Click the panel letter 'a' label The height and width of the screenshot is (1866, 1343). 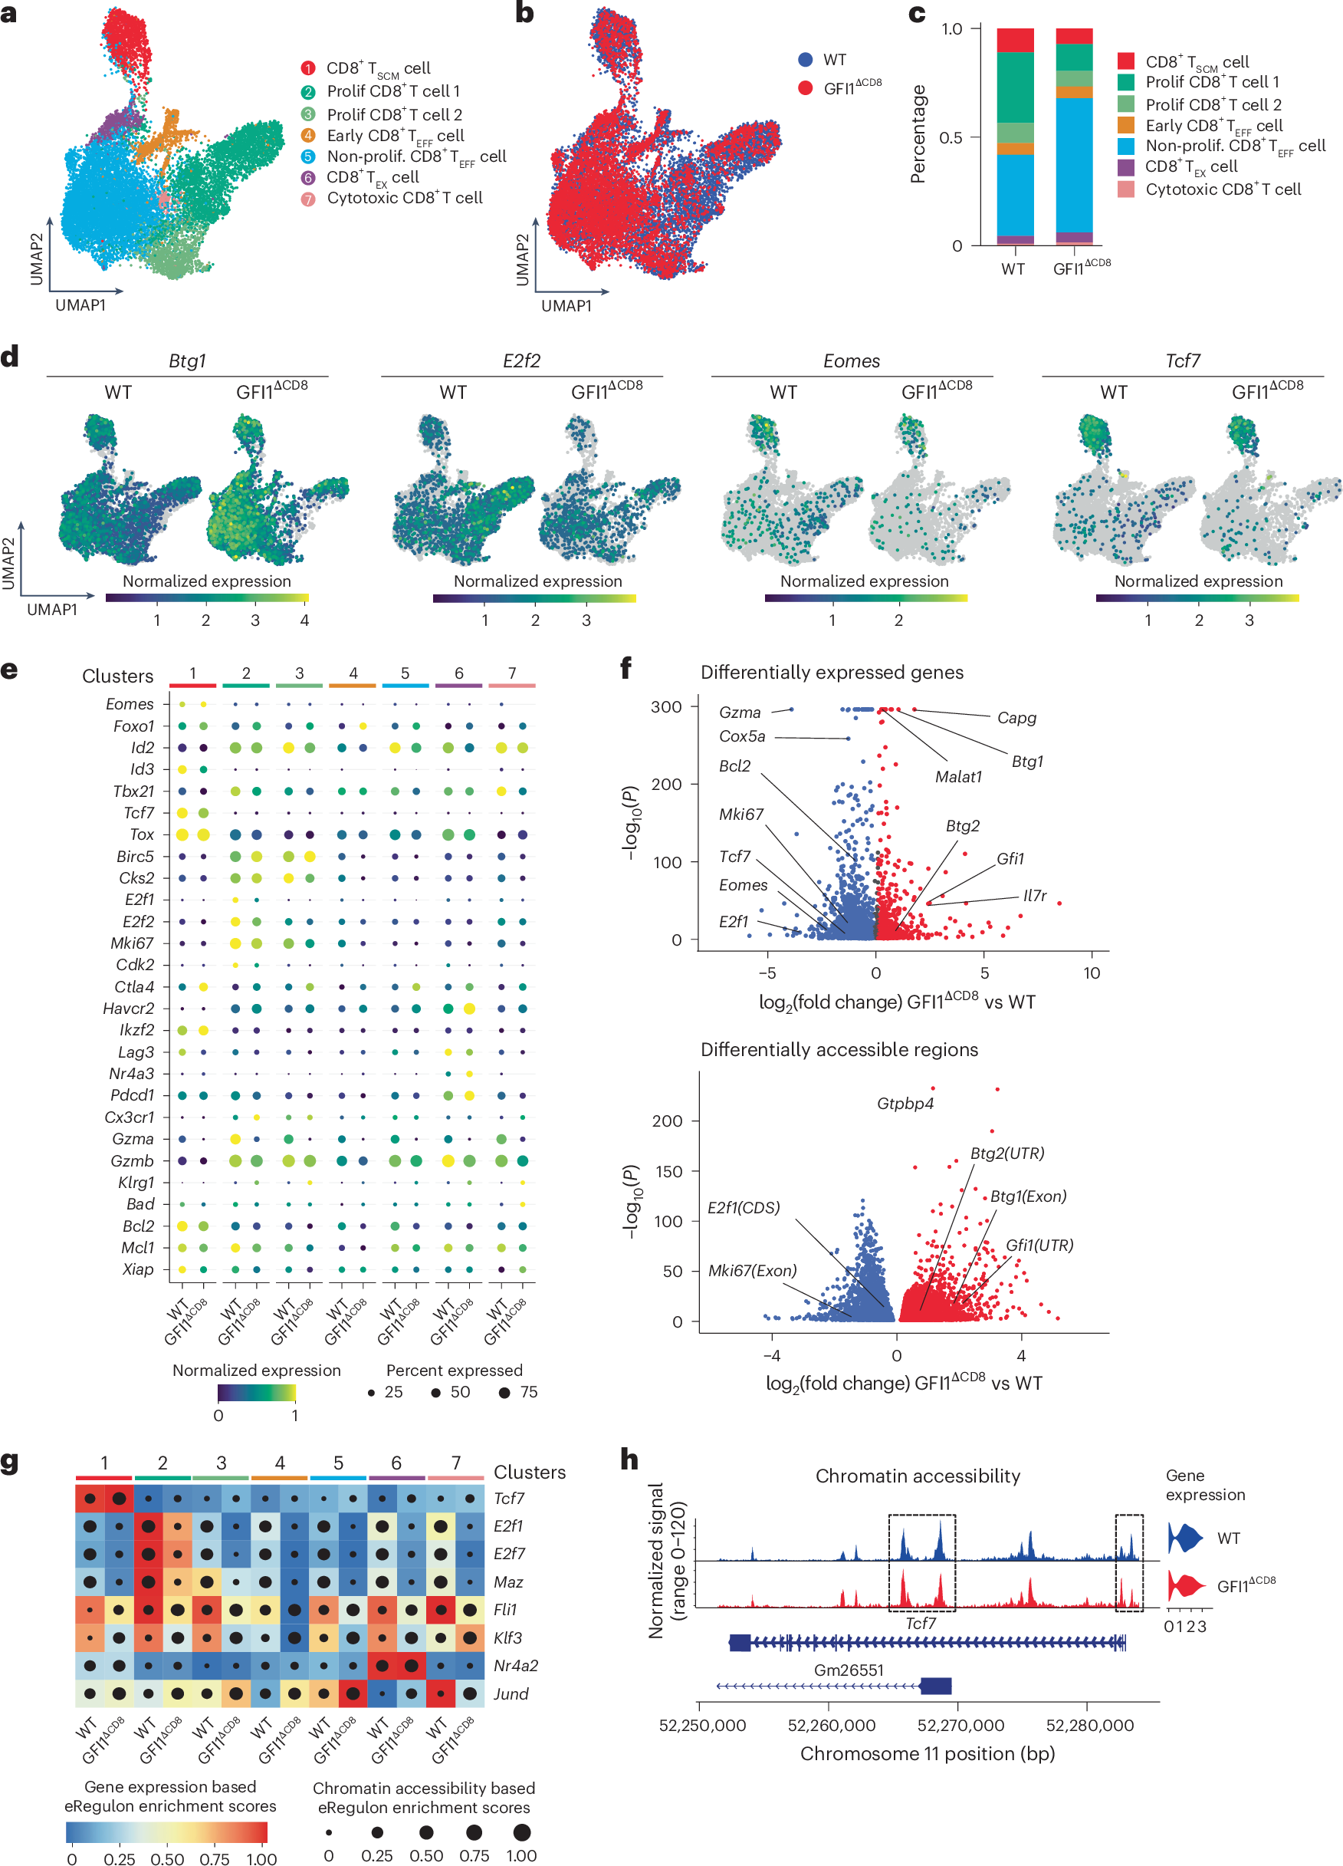(9, 14)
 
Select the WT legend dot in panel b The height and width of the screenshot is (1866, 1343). (805, 59)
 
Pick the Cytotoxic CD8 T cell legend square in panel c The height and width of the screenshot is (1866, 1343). (1126, 189)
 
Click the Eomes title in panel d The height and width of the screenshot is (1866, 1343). (851, 361)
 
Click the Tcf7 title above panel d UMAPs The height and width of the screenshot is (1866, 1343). (1183, 361)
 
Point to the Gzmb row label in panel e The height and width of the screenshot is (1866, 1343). (133, 1161)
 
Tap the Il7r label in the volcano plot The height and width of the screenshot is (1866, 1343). (1035, 895)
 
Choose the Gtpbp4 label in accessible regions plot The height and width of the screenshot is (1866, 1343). (905, 1104)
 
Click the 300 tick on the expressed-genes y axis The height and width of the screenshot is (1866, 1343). (667, 706)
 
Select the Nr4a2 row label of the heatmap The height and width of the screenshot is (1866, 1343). (516, 1665)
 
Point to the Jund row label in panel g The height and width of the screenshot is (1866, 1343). (511, 1693)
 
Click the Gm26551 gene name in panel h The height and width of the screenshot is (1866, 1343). (849, 1670)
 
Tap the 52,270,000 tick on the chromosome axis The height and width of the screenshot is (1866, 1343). (960, 1726)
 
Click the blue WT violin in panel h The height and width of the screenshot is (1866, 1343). (1184, 1538)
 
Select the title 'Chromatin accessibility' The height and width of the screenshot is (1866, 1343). (917, 1476)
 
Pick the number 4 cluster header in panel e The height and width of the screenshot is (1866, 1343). (353, 673)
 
